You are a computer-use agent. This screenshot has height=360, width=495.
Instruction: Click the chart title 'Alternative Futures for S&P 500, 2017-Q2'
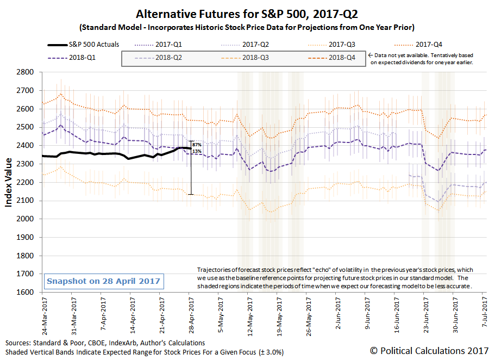click(x=247, y=13)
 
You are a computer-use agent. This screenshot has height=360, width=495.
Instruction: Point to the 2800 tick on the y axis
click(x=26, y=72)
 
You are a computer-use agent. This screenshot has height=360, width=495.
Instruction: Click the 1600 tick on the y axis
click(x=26, y=292)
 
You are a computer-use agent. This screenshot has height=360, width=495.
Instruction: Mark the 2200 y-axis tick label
click(x=26, y=182)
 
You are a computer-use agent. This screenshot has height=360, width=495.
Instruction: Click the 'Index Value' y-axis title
click(x=9, y=182)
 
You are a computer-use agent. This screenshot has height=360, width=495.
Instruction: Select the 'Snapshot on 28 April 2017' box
click(x=104, y=281)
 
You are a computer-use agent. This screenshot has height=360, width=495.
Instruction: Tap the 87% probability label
click(x=197, y=145)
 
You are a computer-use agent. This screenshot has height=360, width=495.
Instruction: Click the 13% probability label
click(x=197, y=151)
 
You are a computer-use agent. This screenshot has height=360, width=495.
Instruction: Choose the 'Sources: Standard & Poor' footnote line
click(x=105, y=343)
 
